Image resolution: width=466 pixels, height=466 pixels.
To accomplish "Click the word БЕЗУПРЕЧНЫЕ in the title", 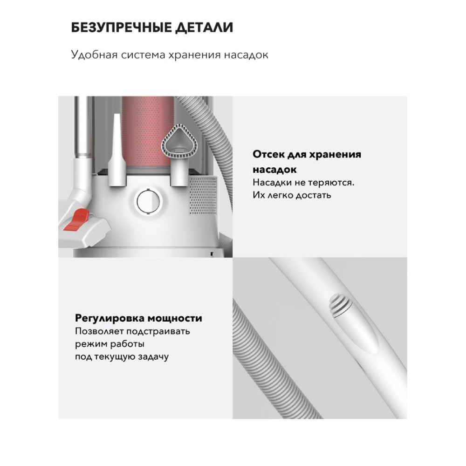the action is point(122,27).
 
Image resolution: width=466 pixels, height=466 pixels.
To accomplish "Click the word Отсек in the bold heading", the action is point(268,155).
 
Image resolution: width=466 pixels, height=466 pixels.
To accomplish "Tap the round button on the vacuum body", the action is point(148,201).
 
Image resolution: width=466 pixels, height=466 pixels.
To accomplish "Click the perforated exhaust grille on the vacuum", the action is point(203,195).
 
